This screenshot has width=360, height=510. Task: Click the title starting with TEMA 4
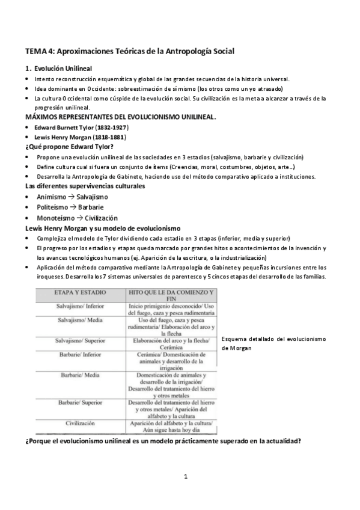point(129,52)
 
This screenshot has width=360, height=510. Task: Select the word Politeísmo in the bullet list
point(52,207)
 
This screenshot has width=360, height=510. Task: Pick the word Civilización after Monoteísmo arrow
point(101,218)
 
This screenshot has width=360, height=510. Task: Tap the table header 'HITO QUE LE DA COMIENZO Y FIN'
point(171,296)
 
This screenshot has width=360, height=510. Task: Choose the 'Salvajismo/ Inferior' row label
point(80,307)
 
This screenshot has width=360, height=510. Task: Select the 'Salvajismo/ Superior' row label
point(80,340)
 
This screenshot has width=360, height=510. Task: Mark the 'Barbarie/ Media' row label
point(80,374)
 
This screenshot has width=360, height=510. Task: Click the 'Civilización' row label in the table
point(80,423)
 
